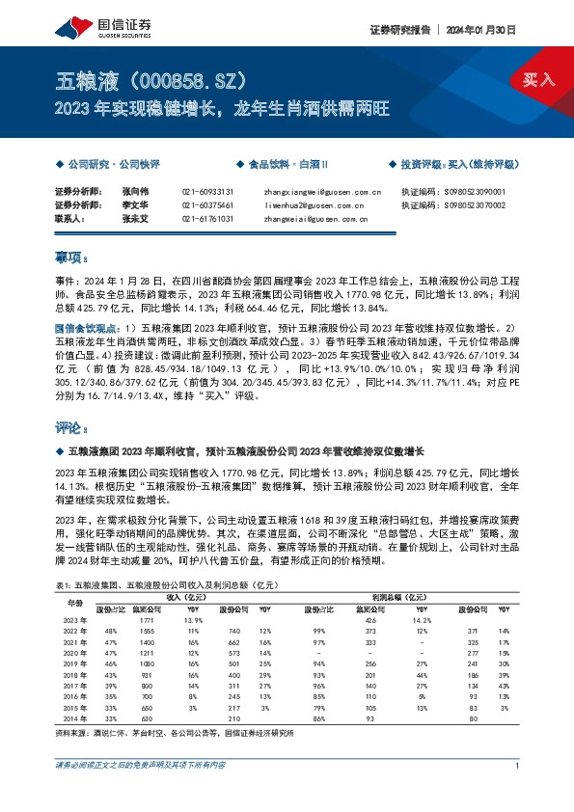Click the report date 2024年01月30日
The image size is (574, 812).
click(490, 30)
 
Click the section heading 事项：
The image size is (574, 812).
click(73, 259)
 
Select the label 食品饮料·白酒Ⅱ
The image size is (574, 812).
click(289, 165)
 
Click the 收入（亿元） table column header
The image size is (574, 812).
click(193, 597)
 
